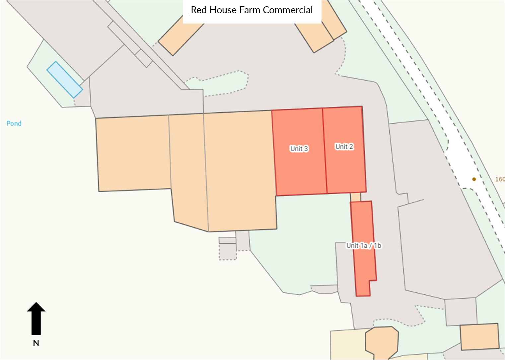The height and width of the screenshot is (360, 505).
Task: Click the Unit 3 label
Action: [x=299, y=149]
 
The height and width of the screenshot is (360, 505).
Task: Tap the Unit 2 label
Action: [x=344, y=147]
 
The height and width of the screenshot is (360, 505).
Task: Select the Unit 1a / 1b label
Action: [x=364, y=246]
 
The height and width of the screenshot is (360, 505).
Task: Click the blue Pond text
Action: [x=14, y=124]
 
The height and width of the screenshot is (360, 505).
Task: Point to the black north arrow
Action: [x=36, y=318]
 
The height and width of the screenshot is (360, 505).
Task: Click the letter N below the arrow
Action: [x=36, y=343]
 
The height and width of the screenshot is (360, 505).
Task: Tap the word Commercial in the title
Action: [x=288, y=10]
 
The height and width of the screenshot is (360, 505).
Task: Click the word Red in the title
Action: [x=199, y=10]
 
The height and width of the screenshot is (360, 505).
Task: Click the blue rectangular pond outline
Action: [x=64, y=80]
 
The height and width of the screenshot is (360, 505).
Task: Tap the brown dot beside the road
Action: [x=474, y=179]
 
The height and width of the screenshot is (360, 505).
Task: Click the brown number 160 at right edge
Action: [x=500, y=179]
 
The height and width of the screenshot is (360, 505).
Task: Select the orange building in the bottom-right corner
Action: [x=479, y=336]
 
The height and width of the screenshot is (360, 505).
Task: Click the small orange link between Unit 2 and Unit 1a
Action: [x=355, y=197]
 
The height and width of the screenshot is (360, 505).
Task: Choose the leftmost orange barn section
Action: [x=133, y=153]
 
